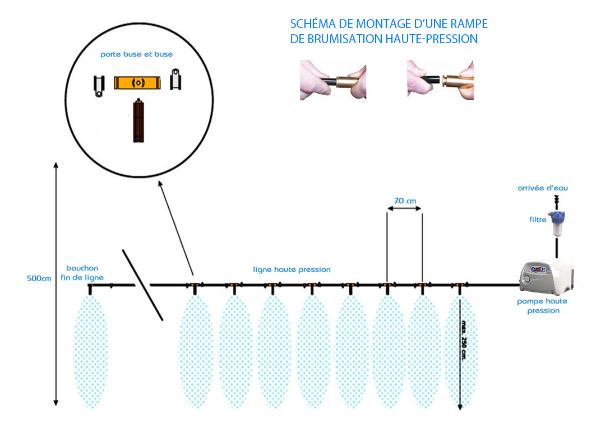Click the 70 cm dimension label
coord(405,200)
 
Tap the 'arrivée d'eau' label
coord(543,188)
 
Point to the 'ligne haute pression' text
coord(292,269)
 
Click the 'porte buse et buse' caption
coord(136,54)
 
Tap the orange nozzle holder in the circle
coord(137,83)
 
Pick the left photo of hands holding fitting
coord(333,80)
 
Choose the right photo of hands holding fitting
coord(440,80)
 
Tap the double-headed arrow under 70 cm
coord(404,209)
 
